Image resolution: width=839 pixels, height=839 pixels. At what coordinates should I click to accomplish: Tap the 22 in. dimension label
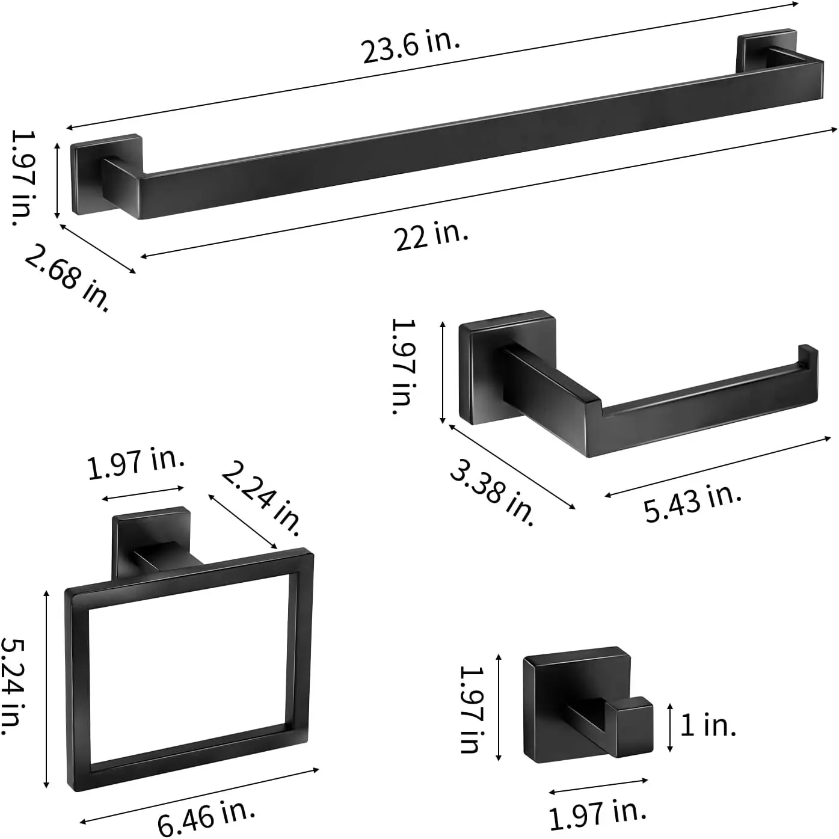[x=431, y=235]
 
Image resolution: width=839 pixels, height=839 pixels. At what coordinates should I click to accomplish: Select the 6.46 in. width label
[x=206, y=816]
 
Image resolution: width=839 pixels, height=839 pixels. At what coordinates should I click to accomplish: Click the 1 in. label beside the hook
[x=708, y=725]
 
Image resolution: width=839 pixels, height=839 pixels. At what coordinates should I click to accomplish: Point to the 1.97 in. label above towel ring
[x=136, y=464]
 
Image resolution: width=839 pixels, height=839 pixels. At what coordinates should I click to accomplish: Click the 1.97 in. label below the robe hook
[x=597, y=813]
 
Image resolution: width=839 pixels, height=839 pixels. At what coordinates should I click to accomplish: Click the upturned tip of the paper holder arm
[x=808, y=355]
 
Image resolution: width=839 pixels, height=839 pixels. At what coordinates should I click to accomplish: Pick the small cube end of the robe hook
[x=634, y=725]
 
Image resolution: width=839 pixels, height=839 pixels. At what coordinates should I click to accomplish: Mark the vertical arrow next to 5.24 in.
[x=46, y=689]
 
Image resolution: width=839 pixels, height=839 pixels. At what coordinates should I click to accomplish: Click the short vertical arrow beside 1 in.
[x=670, y=728]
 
